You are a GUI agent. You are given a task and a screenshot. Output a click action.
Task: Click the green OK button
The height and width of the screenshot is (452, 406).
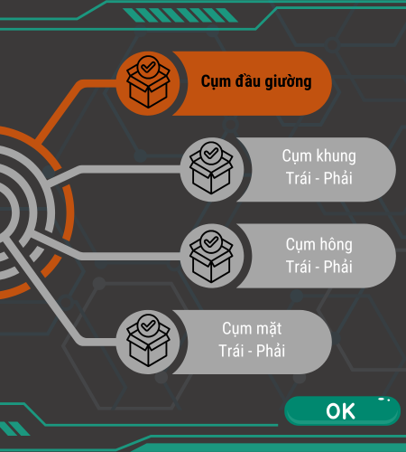342,410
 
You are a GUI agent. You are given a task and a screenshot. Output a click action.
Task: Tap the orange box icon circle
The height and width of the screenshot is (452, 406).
148,83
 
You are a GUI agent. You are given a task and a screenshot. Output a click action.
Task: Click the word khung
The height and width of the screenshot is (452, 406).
336,156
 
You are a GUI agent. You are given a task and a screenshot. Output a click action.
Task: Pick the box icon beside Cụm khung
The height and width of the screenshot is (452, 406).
211,168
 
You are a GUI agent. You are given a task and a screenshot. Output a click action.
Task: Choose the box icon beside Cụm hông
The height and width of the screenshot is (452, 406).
211,257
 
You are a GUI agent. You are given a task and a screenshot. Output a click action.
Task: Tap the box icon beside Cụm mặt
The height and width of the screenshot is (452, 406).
148,341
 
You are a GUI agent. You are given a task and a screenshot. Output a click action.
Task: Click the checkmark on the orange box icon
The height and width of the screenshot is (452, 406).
148,67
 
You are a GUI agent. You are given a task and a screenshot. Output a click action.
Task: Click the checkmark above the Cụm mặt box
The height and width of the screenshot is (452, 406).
148,325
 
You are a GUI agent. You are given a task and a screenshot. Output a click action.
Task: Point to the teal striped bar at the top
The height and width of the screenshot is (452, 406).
180,15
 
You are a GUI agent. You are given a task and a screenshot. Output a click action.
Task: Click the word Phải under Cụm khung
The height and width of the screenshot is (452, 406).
337,178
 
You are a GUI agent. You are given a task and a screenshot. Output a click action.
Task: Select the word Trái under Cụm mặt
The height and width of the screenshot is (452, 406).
231,351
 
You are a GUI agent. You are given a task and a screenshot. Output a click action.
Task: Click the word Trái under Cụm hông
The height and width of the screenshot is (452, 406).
299,267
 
